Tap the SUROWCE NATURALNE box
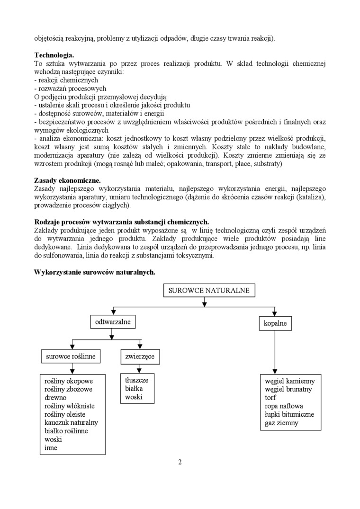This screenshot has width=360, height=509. pos(209,291)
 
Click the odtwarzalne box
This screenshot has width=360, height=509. pos(110,322)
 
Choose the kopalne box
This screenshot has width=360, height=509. pos(275,324)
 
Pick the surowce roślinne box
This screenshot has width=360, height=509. pos(71,356)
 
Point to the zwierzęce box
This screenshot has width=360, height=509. pos(140,356)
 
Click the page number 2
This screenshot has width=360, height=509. pos(180,462)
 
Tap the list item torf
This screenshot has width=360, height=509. pos(270,398)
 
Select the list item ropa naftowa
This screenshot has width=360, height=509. pos(284,406)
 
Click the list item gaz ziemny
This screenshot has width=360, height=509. pos(282,423)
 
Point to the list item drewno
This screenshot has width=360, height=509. pos(56,398)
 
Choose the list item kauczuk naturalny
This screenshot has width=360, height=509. pos(71,423)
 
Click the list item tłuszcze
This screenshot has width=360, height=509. pos(137,380)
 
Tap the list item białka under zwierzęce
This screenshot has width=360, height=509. pos(134,389)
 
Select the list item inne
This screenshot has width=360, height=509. pos(51,448)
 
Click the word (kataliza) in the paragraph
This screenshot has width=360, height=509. pos(310,197)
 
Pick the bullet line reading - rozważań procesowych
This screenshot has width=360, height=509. pos(70,89)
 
